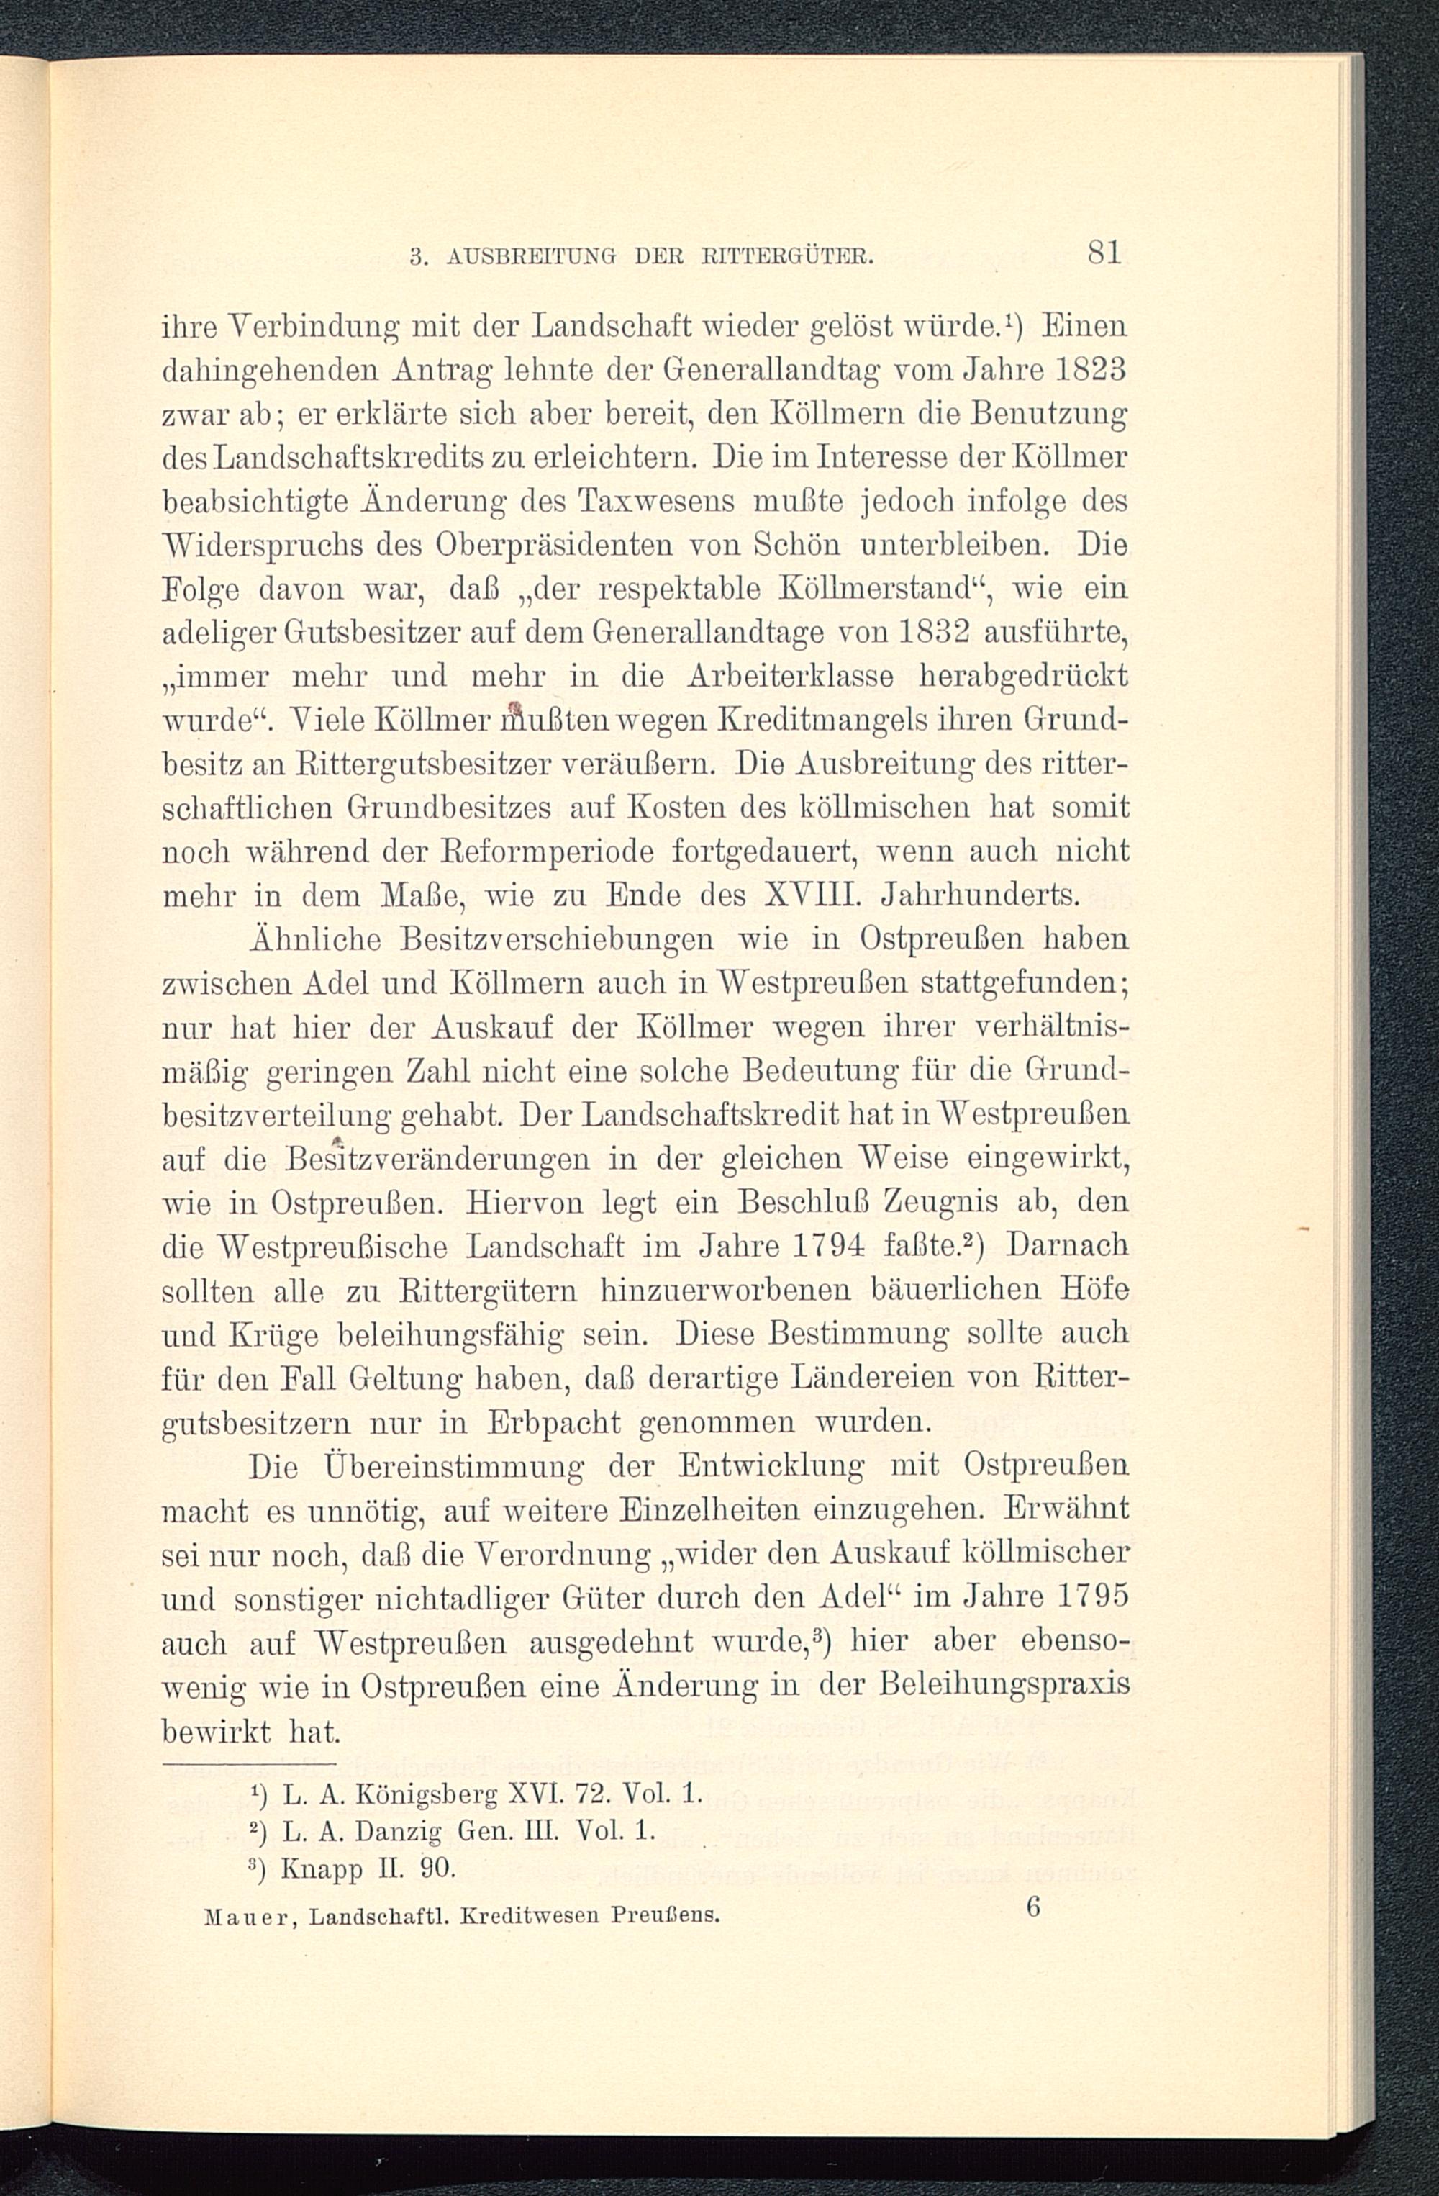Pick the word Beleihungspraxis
[1004, 1685]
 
